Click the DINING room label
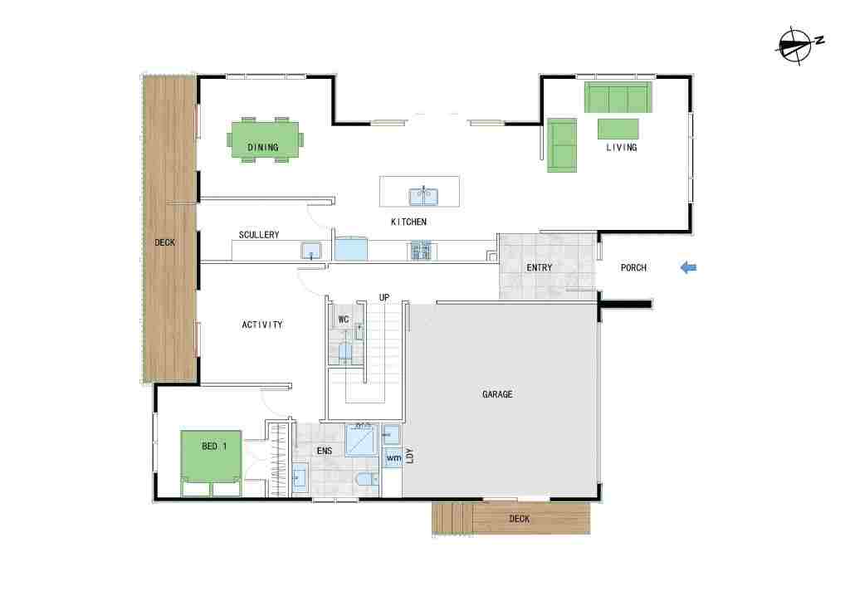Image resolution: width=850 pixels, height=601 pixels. (x=263, y=147)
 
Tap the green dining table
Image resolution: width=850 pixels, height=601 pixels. (x=265, y=139)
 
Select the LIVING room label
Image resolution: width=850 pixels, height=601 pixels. (x=621, y=147)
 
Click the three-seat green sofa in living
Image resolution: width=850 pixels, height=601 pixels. (x=618, y=98)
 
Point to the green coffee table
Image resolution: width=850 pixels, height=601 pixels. (x=618, y=129)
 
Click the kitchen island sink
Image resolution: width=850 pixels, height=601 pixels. (x=423, y=196)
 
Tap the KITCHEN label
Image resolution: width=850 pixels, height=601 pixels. (x=408, y=222)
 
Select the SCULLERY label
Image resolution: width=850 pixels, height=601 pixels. (x=259, y=235)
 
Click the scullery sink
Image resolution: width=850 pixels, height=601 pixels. (x=311, y=251)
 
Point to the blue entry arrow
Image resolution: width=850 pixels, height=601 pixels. (x=688, y=267)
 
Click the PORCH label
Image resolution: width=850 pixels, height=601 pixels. (x=633, y=268)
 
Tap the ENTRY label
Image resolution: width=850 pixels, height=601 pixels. (x=539, y=268)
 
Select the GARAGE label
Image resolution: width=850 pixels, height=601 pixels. (x=497, y=394)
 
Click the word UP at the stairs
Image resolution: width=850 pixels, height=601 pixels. (x=383, y=297)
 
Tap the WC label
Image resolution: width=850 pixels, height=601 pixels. (x=343, y=320)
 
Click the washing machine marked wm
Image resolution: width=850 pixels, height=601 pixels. (x=393, y=458)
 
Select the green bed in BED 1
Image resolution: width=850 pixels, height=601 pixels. (x=211, y=463)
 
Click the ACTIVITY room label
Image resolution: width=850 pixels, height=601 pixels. (x=262, y=325)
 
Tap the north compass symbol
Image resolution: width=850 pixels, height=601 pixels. (x=798, y=46)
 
